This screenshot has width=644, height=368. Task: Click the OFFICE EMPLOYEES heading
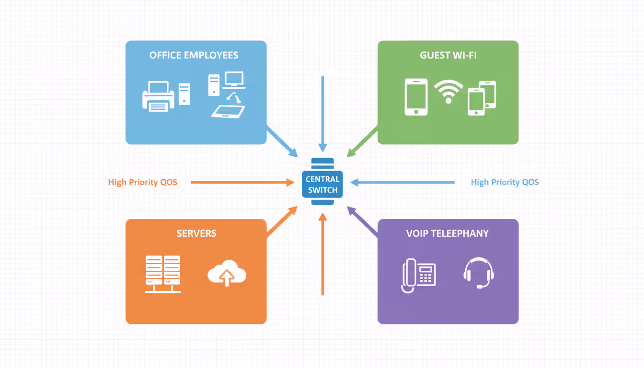point(194,55)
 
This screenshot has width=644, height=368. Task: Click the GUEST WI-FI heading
point(448,55)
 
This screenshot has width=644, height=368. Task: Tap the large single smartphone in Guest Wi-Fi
point(416,97)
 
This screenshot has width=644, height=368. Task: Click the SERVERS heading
point(196,233)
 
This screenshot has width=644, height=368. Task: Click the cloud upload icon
point(227,274)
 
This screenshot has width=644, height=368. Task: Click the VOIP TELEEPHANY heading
point(448,233)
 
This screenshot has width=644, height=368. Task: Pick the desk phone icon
point(418,275)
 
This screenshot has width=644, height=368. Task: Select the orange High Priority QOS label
point(143,182)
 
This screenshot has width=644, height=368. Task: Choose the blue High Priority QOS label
point(505,182)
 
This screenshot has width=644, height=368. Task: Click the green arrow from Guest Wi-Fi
point(362,141)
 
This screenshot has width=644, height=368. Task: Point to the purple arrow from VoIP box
point(362,222)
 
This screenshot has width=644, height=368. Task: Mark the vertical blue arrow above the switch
point(323,113)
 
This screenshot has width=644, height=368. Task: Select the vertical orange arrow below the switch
point(322,254)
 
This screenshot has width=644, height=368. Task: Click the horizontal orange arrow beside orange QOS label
point(242,182)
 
